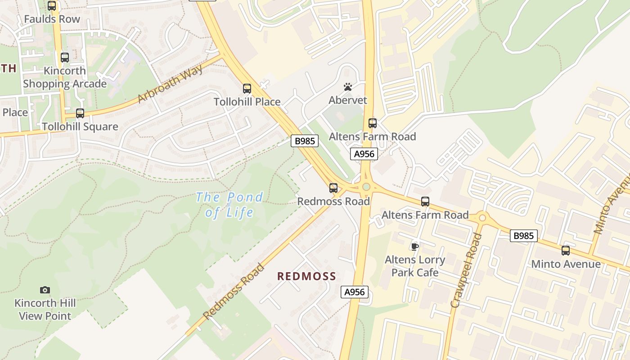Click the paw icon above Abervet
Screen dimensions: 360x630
click(x=347, y=87)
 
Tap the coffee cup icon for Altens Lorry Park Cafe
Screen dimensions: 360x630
click(x=415, y=246)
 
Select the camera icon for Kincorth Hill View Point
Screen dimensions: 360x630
click(x=45, y=290)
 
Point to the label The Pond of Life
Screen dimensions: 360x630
click(x=229, y=204)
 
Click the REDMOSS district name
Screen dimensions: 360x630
click(x=306, y=276)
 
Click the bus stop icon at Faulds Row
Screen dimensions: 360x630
click(x=52, y=6)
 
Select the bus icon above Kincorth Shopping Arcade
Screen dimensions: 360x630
click(x=65, y=58)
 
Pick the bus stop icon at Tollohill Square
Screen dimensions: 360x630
click(x=80, y=113)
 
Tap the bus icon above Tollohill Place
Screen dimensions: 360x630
click(x=247, y=89)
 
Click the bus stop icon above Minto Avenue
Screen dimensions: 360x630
click(x=566, y=251)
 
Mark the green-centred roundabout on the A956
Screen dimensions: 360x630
click(x=366, y=186)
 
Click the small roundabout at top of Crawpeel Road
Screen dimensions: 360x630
click(x=482, y=218)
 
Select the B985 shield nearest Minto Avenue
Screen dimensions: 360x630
click(x=524, y=235)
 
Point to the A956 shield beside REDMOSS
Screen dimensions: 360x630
click(x=354, y=292)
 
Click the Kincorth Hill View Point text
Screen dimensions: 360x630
click(x=45, y=310)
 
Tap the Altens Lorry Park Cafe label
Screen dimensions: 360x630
click(x=414, y=266)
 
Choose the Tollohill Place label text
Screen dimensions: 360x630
click(x=247, y=102)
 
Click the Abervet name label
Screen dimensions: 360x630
click(x=348, y=100)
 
